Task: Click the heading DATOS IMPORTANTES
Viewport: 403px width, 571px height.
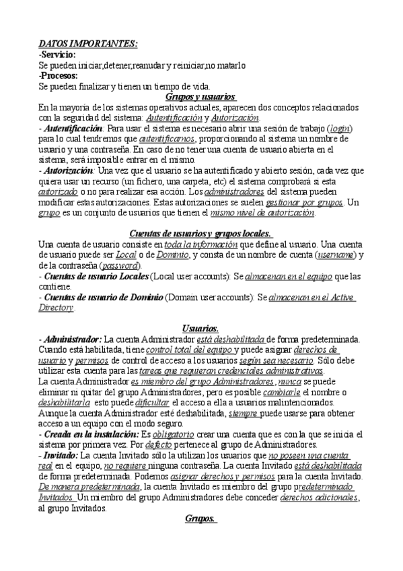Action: (87, 44)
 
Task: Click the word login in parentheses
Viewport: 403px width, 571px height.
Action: (339, 128)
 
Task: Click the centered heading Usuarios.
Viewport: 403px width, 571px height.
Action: (200, 328)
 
